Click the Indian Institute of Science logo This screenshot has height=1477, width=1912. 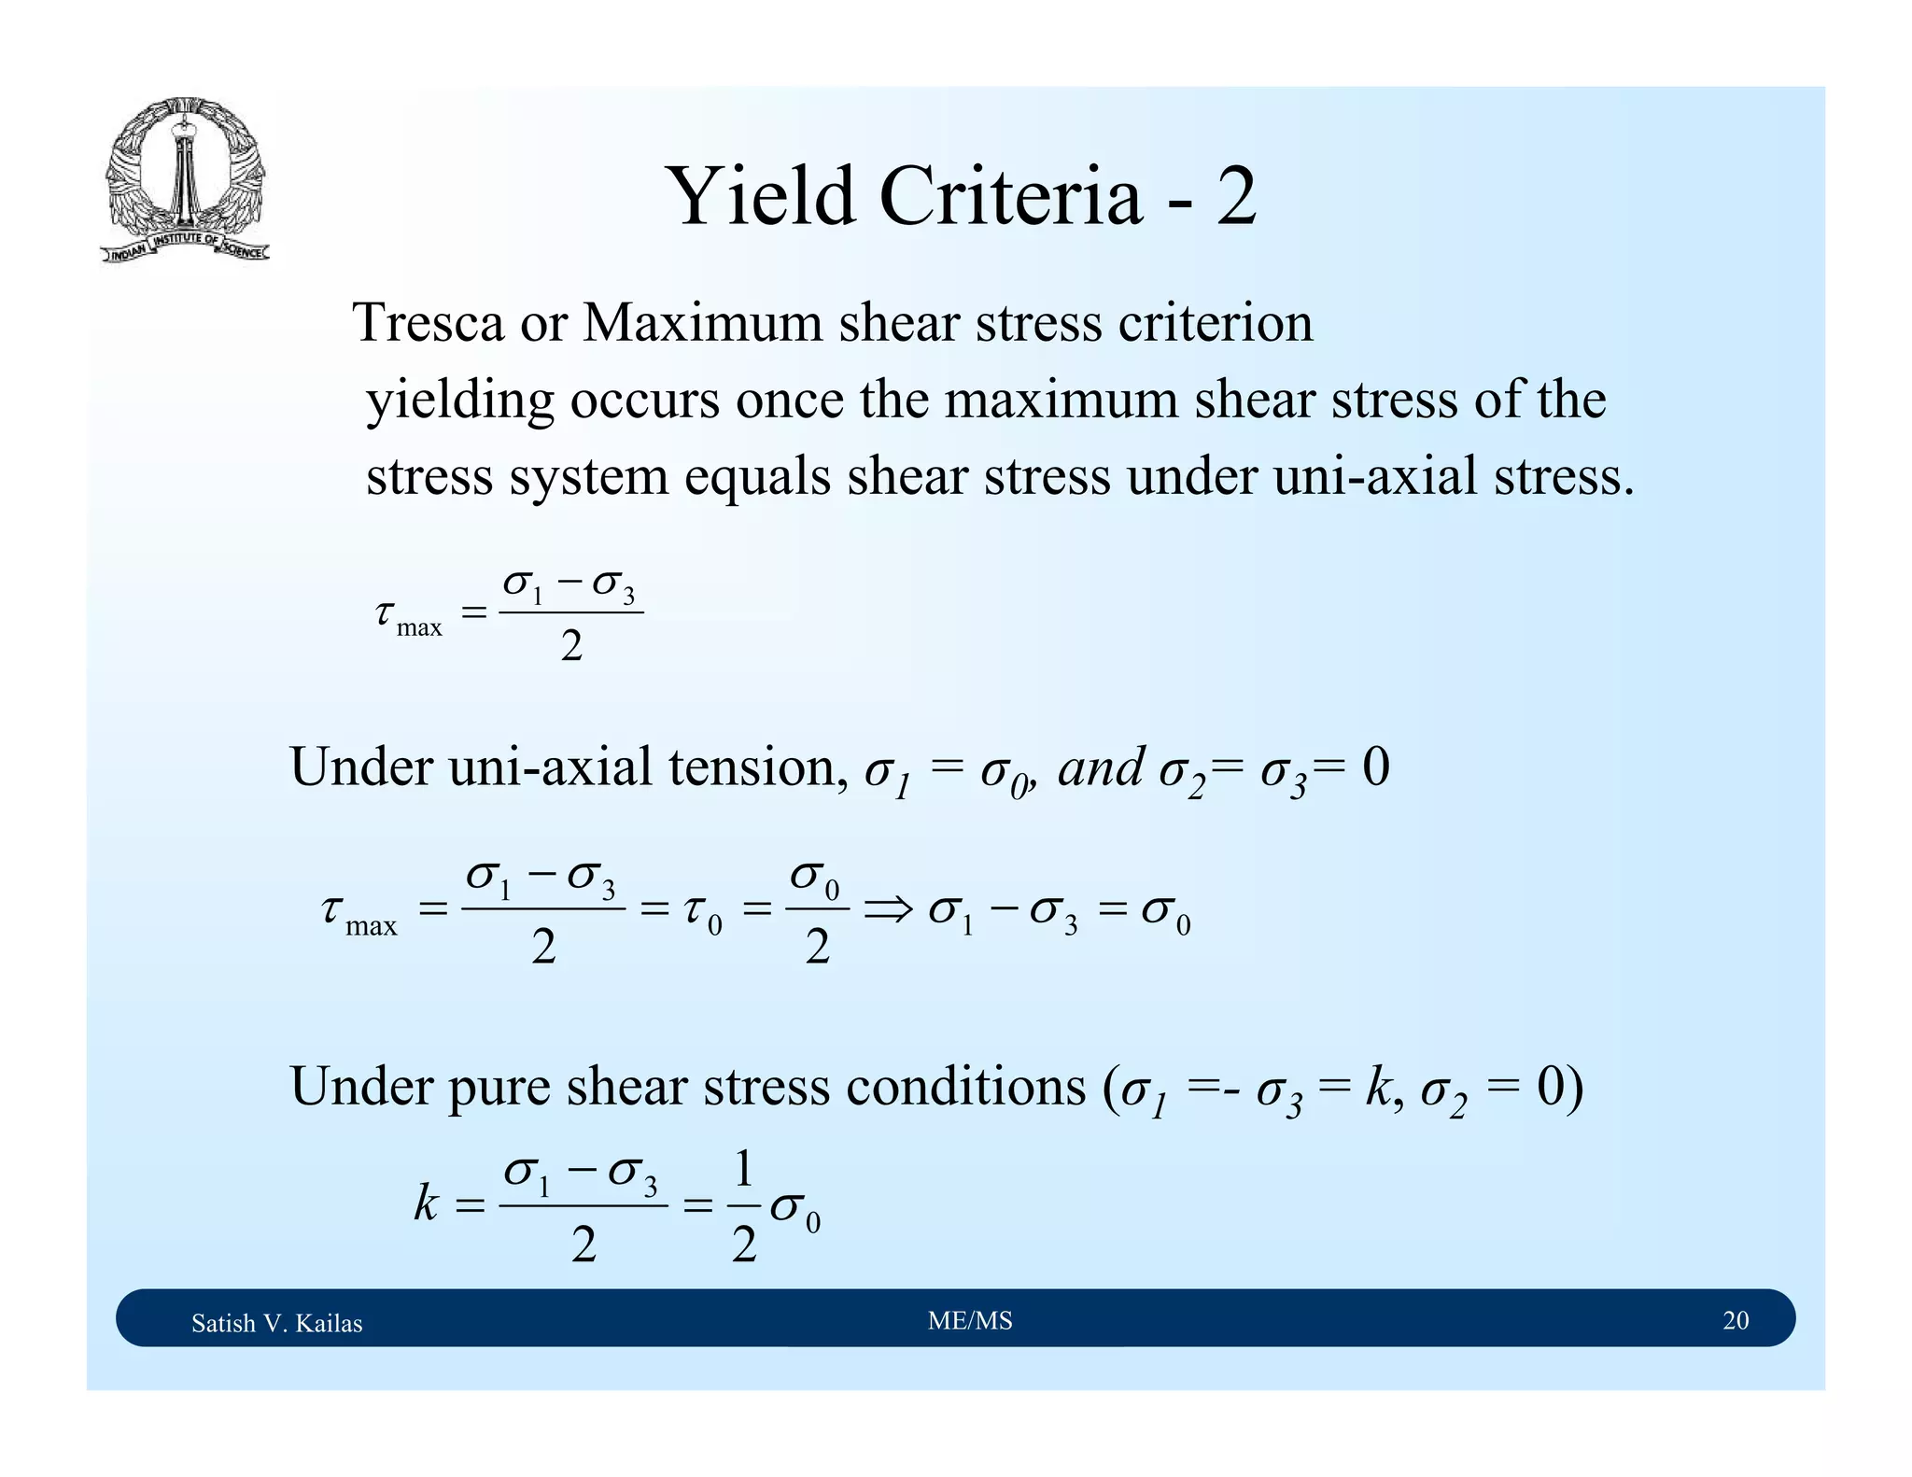tap(184, 180)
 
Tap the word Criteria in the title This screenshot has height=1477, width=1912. tap(1010, 197)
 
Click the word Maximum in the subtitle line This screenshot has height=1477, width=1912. tap(703, 323)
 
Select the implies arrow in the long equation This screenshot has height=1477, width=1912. tap(888, 908)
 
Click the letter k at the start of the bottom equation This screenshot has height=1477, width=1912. tap(426, 1203)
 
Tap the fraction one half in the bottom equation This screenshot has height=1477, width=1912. tap(743, 1206)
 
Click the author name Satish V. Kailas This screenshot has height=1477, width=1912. tap(276, 1323)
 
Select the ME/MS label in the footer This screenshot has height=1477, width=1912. tap(970, 1320)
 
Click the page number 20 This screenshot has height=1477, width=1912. tap(1736, 1320)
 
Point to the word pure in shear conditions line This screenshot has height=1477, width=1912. tap(498, 1088)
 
